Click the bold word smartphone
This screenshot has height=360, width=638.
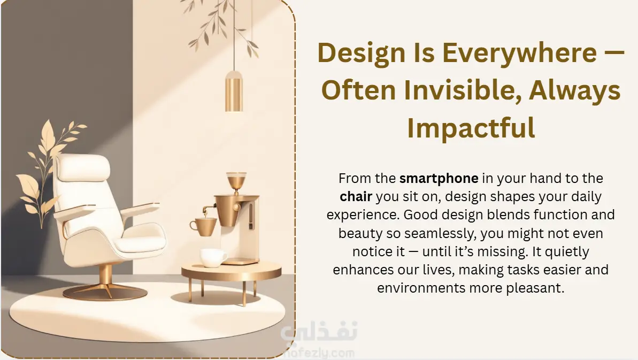[x=439, y=179]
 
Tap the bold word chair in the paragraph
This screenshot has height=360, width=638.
[x=356, y=196]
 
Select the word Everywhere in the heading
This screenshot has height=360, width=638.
[x=520, y=53]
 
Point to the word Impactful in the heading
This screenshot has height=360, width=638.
[x=471, y=128]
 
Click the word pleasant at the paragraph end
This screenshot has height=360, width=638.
[x=535, y=288]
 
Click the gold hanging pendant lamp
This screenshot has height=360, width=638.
[x=234, y=91]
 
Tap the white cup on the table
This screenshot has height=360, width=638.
[x=213, y=257]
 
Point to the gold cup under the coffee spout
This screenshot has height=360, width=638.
[x=203, y=227]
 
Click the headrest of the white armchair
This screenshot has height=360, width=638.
[x=83, y=167]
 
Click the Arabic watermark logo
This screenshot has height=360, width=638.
[x=319, y=331]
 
